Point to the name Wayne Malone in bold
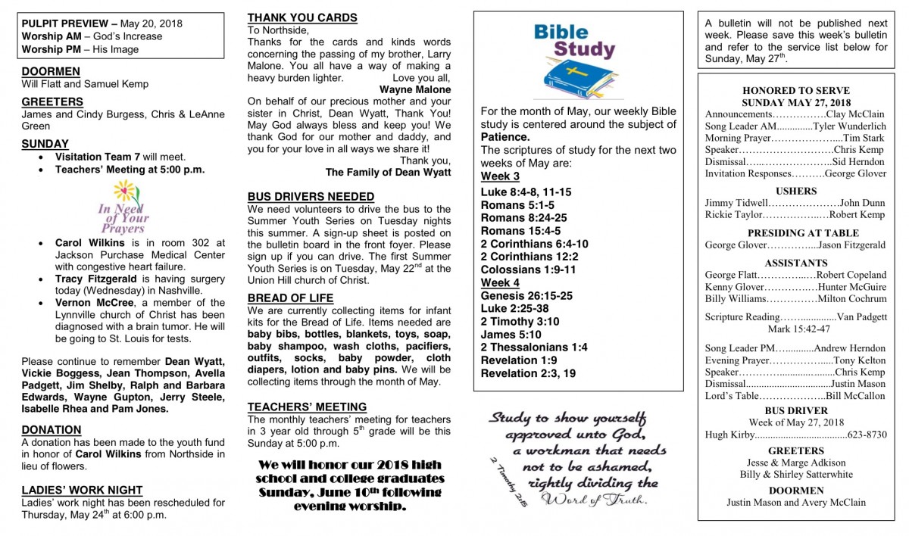coord(414,89)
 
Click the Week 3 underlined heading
coord(500,176)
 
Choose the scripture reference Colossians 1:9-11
coord(528,270)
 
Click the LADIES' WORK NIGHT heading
coord(82,490)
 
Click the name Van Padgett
coord(861,316)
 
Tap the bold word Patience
coord(504,137)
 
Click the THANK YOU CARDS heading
coord(302,17)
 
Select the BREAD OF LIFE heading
coord(290,298)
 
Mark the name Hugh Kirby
coord(726,435)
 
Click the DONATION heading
coord(52,429)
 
